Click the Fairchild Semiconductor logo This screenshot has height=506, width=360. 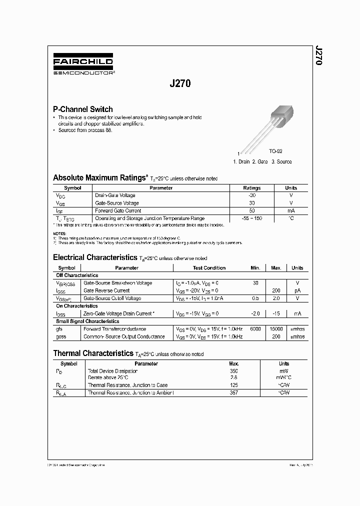click(x=83, y=65)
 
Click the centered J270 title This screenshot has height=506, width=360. click(x=180, y=84)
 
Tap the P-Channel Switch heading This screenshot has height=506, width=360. click(x=83, y=109)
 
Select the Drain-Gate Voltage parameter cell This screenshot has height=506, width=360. click(x=115, y=195)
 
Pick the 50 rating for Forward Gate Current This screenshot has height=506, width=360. click(x=252, y=211)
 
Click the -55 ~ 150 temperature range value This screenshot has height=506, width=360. click(x=252, y=218)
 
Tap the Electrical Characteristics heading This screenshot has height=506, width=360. click(x=95, y=258)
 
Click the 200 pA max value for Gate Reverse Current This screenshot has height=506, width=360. click(x=276, y=290)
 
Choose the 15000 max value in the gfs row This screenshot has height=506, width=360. click(x=276, y=329)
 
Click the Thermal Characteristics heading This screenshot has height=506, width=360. click(x=93, y=353)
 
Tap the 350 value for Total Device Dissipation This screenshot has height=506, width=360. click(x=233, y=371)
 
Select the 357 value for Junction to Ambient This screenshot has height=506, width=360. click(x=233, y=393)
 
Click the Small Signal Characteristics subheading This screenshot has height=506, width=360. click(x=87, y=321)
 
